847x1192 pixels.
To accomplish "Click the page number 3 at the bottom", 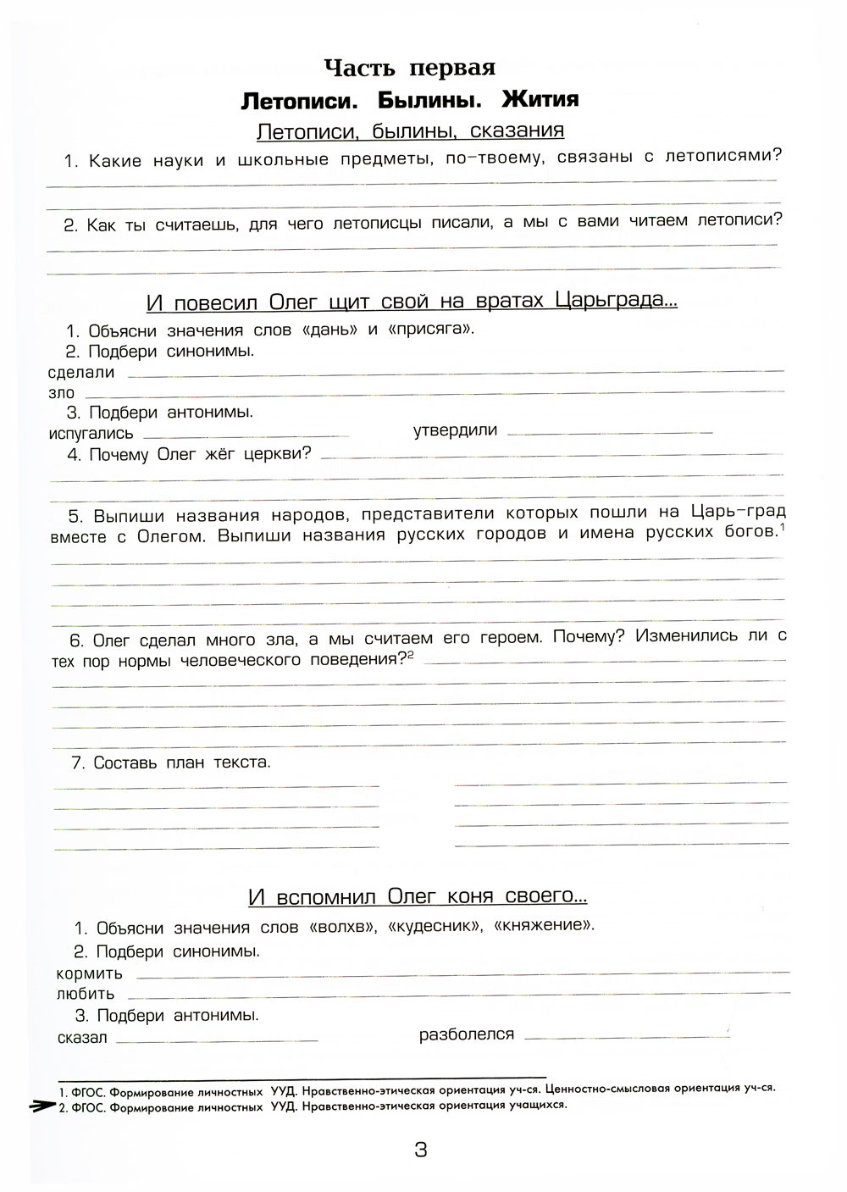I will pyautogui.click(x=421, y=1150).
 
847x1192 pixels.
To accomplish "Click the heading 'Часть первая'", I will pyautogui.click(x=410, y=68).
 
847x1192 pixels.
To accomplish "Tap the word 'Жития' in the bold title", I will pyautogui.click(x=540, y=100).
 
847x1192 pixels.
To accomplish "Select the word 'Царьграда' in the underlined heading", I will pyautogui.click(x=616, y=300).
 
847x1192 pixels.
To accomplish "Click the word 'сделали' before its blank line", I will pyautogui.click(x=81, y=372).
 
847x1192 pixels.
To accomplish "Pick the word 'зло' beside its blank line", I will pyautogui.click(x=62, y=393).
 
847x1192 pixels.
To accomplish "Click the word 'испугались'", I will pyautogui.click(x=91, y=434).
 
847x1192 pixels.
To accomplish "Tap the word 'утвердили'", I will pyautogui.click(x=455, y=430).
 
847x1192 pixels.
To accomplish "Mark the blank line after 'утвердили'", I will pyautogui.click(x=610, y=433).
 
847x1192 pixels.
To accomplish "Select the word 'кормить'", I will pyautogui.click(x=90, y=973).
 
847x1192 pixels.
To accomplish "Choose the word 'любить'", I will pyautogui.click(x=86, y=994).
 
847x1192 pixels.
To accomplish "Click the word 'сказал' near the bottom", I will pyautogui.click(x=82, y=1038).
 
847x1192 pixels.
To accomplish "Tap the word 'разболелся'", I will pyautogui.click(x=467, y=1034).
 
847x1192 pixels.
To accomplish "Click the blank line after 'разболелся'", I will pyautogui.click(x=627, y=1037).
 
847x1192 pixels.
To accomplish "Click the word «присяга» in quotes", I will pyautogui.click(x=430, y=329).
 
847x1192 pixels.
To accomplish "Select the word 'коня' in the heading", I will pyautogui.click(x=470, y=896).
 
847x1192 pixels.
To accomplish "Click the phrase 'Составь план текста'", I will pyautogui.click(x=181, y=762).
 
